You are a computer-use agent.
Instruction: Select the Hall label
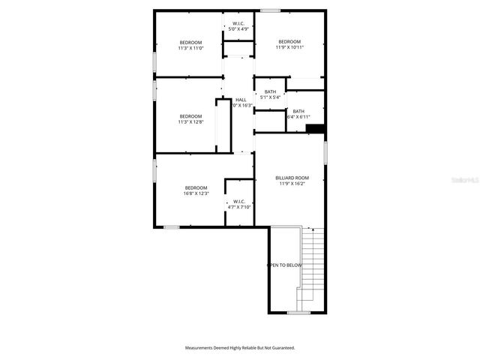(x=241, y=100)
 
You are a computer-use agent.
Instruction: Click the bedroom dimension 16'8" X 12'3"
(x=196, y=193)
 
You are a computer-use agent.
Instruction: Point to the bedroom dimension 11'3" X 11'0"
(x=190, y=48)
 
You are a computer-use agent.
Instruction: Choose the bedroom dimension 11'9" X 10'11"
(x=289, y=48)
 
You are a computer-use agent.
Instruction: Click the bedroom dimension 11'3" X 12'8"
(x=190, y=122)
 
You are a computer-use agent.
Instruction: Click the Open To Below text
(x=286, y=265)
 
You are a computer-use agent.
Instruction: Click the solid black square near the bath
(x=315, y=129)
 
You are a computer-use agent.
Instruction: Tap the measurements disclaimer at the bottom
(x=240, y=348)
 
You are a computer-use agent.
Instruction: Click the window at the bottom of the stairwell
(x=298, y=313)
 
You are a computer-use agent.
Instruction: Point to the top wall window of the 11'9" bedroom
(x=270, y=10)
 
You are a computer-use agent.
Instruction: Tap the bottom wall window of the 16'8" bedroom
(x=172, y=226)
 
